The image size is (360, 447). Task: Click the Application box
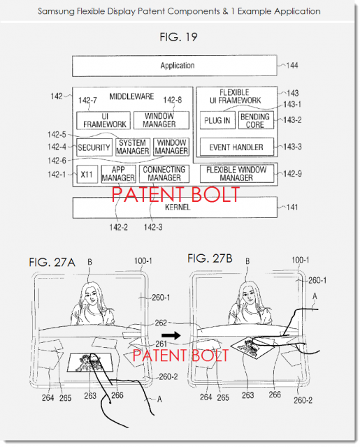175,66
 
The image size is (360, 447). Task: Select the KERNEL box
175,207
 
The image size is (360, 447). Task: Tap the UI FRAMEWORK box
103,120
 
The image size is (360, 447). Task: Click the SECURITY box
94,147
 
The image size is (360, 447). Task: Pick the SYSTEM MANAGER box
133,147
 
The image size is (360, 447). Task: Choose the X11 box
87,174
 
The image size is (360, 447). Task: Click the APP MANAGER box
118,174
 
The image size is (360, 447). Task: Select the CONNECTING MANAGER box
164,174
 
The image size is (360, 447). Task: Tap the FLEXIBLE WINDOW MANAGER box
237,174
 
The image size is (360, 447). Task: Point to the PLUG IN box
217,120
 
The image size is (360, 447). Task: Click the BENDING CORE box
256,120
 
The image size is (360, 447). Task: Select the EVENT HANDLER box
237,147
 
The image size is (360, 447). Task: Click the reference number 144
292,66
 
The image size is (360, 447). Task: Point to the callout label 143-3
292,147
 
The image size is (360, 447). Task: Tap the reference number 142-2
118,227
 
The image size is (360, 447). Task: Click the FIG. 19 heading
178,37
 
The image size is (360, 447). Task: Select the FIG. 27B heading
210,258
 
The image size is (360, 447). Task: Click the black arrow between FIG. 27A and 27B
171,335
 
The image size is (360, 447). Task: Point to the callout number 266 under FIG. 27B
275,395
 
